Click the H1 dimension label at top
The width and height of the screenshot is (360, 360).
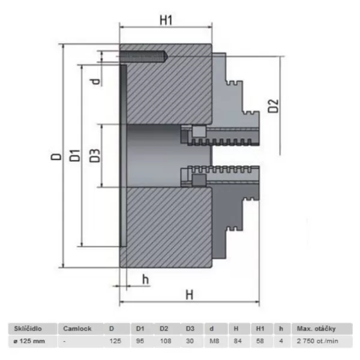[166, 19]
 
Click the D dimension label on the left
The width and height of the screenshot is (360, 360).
[56, 157]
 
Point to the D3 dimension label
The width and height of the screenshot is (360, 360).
[94, 155]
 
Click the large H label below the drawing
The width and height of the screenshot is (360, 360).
[190, 295]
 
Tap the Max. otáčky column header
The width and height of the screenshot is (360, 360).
[316, 329]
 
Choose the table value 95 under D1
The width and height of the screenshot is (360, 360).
[140, 341]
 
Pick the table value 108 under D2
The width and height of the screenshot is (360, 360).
[165, 341]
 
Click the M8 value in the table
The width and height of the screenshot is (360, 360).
[212, 341]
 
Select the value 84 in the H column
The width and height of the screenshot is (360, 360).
[236, 341]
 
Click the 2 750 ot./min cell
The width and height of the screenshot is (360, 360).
[317, 341]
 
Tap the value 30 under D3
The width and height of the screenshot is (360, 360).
[189, 341]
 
